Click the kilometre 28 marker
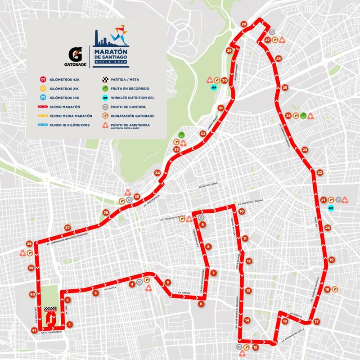point(244,24)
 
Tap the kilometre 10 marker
point(242,211)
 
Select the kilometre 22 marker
point(319,172)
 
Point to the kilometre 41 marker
point(34,331)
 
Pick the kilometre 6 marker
point(201,304)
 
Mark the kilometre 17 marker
point(316,322)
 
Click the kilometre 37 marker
point(67,228)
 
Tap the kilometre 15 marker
point(255,347)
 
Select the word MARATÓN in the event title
point(110,52)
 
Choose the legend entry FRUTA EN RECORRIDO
point(131,89)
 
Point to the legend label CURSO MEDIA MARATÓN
point(70,116)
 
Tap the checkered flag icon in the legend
point(105,79)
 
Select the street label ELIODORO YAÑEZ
point(207,184)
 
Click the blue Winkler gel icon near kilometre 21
point(331,208)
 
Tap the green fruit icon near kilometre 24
point(303,115)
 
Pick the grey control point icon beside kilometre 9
point(201,218)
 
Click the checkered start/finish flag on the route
point(50,309)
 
